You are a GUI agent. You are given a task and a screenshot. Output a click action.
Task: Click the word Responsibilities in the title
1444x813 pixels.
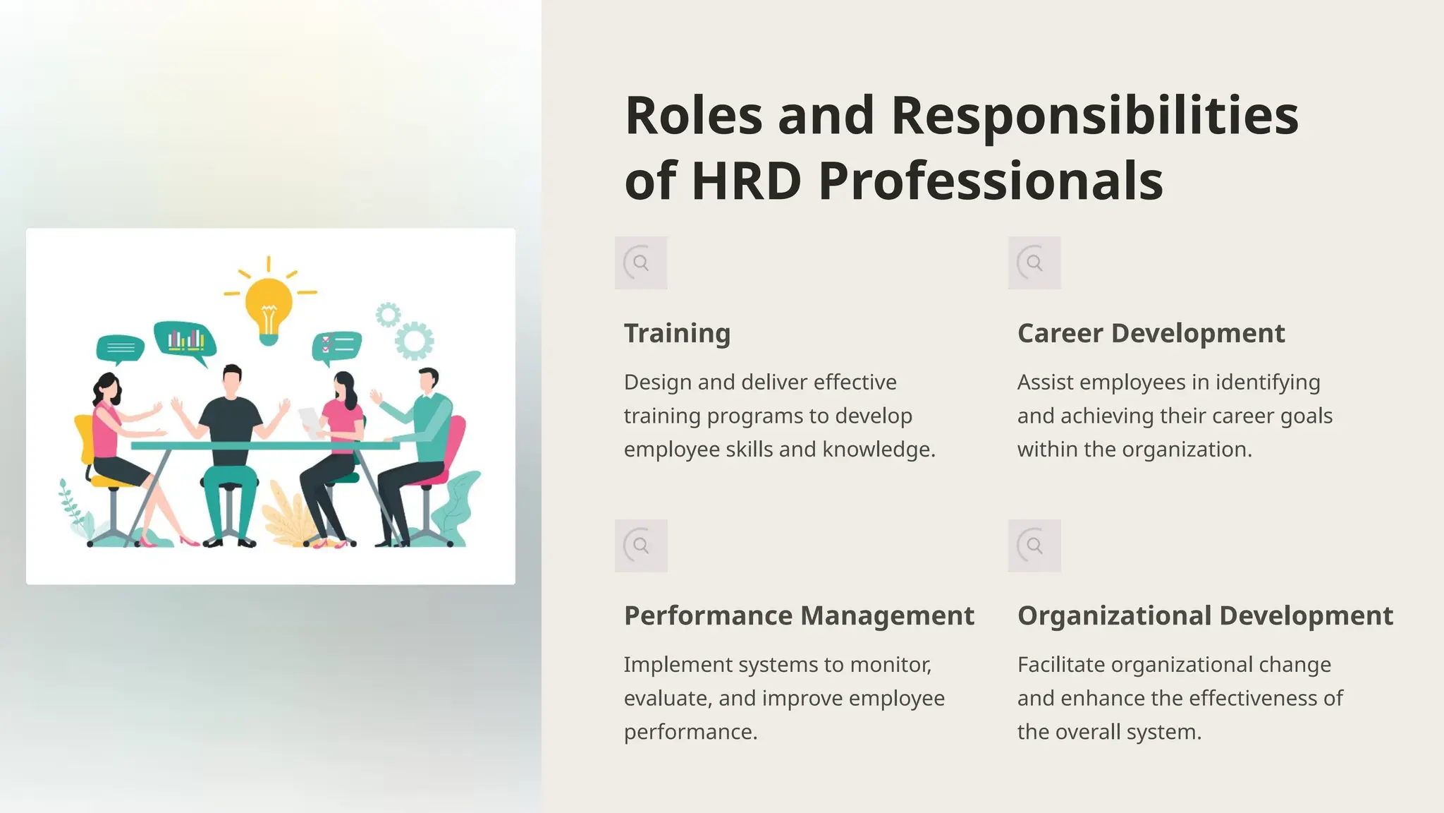tap(1094, 116)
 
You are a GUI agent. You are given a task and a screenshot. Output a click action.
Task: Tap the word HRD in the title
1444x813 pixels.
tap(746, 181)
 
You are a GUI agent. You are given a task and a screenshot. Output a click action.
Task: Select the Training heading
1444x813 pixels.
tap(677, 333)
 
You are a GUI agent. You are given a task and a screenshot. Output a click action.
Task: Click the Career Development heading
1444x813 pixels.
tap(1151, 333)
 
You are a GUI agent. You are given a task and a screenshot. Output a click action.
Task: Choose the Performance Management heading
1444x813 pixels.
tap(799, 615)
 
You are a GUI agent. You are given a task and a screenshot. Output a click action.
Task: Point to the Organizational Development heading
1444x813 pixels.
tap(1205, 615)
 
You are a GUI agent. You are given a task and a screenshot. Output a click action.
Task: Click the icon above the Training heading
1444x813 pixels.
tap(641, 263)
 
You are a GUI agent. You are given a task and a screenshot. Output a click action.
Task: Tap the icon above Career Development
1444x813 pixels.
tap(1034, 263)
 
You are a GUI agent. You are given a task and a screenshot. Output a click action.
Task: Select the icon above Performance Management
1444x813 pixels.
tap(641, 546)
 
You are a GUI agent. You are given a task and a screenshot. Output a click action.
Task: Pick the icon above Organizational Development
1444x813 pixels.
tap(1034, 546)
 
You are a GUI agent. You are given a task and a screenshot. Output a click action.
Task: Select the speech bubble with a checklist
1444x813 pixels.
tap(337, 346)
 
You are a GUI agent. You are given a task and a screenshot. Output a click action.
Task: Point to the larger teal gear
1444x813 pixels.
tap(415, 342)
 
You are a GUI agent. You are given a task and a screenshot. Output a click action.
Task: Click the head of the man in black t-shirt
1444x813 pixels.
tap(232, 381)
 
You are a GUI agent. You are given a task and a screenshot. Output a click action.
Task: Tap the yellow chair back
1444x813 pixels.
tap(84, 438)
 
